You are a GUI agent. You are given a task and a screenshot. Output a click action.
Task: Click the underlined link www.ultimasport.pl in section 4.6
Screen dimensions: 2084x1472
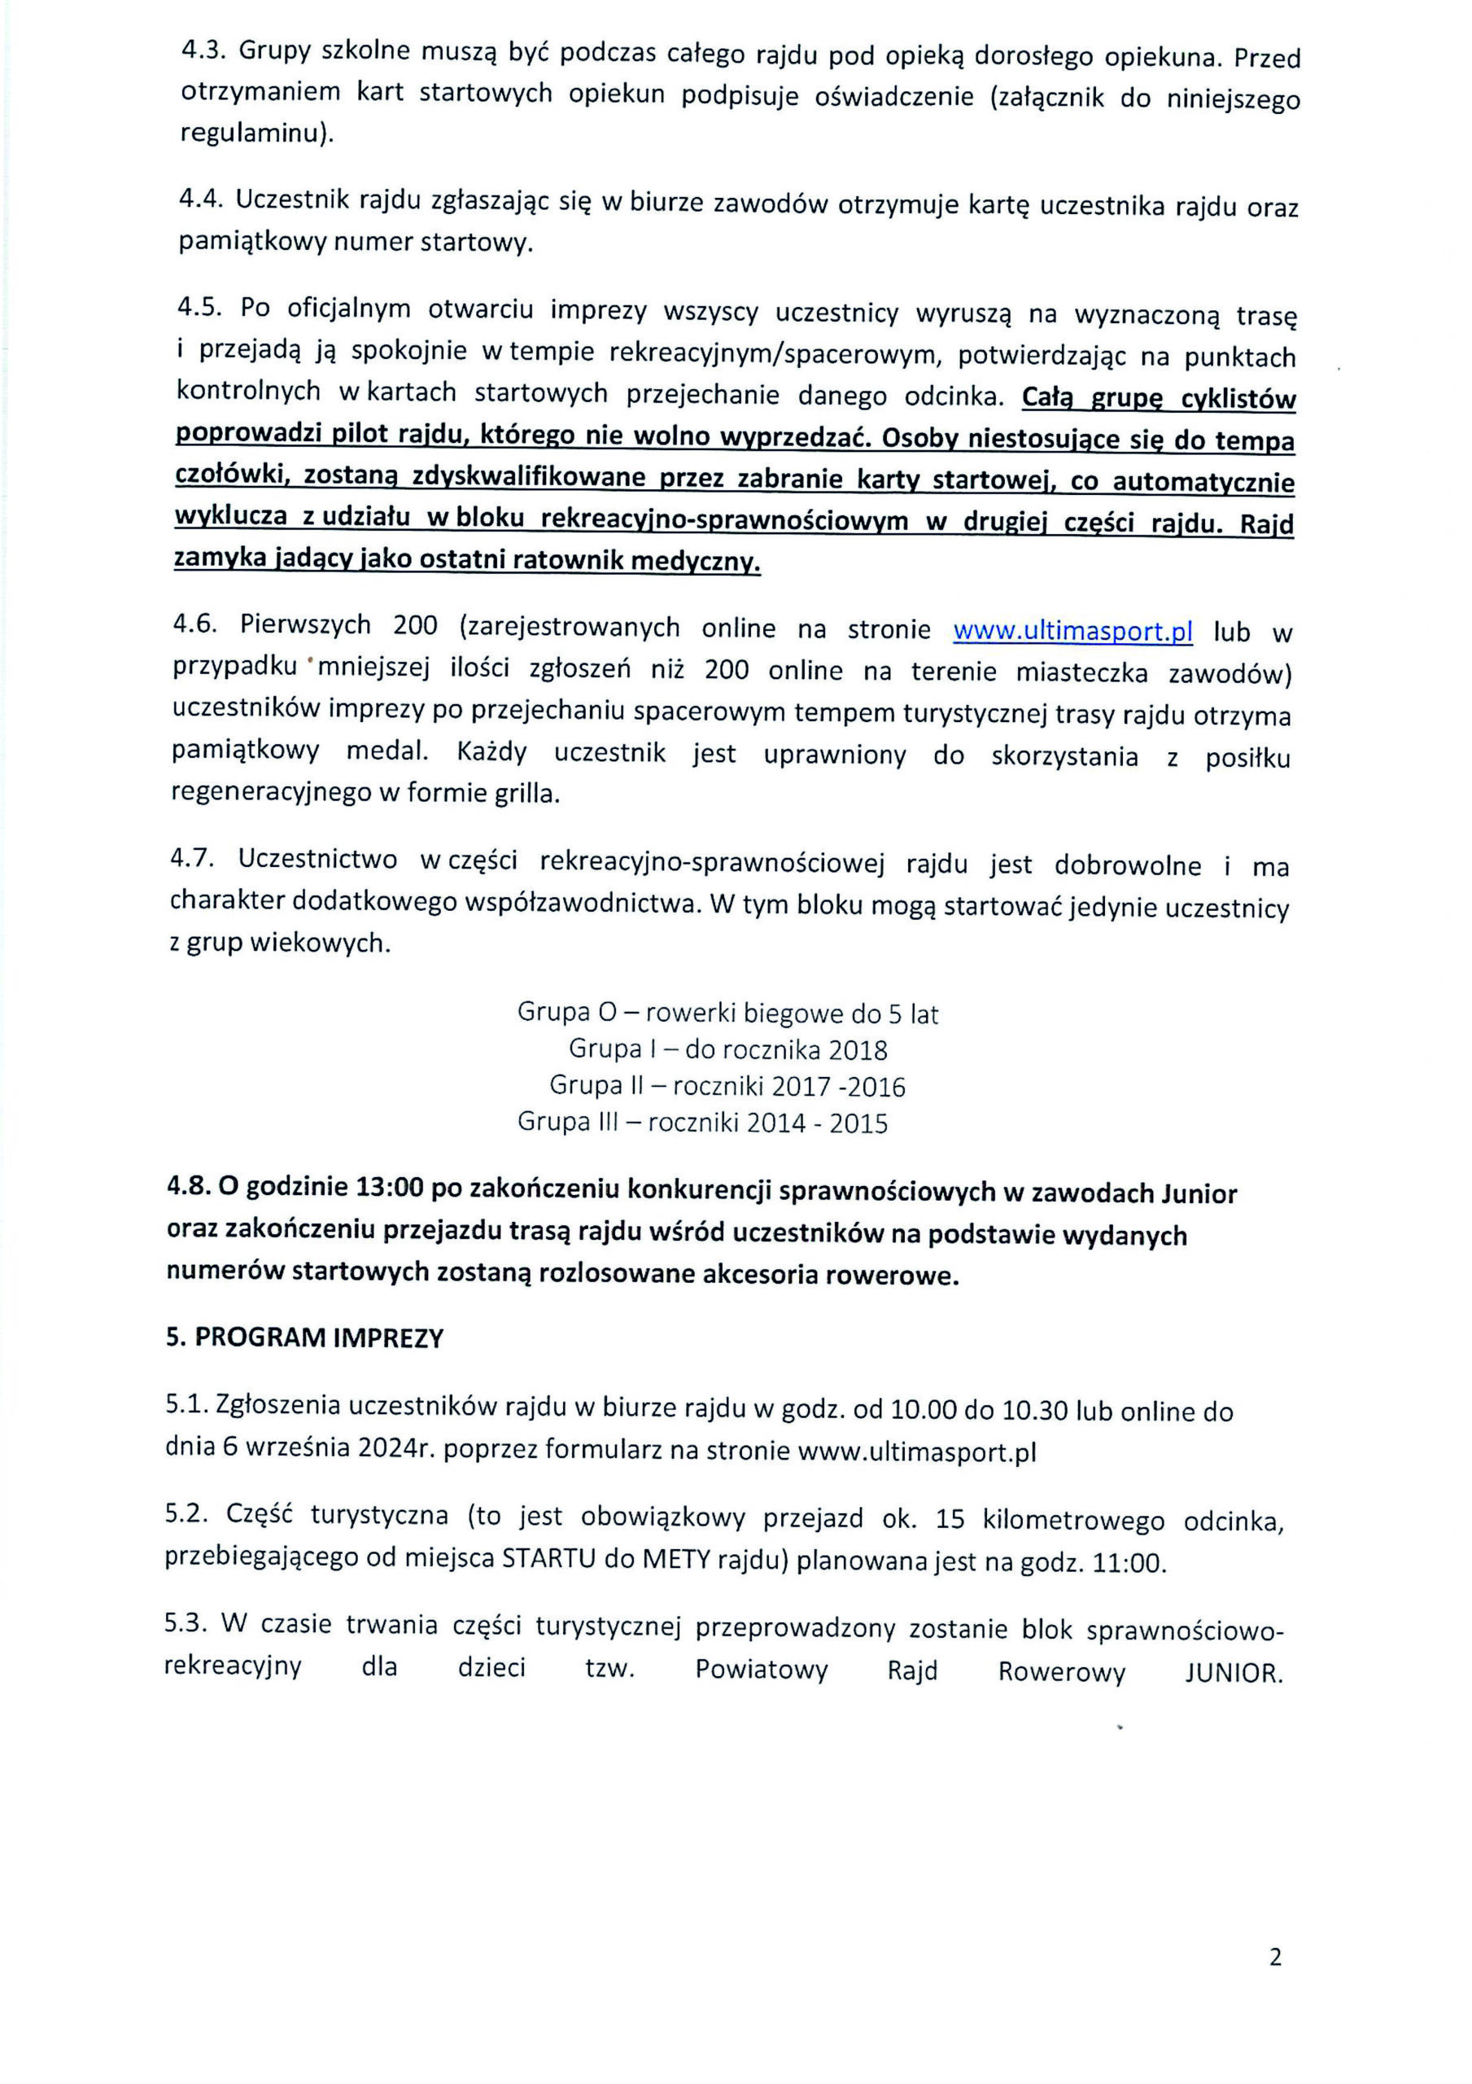pos(1072,630)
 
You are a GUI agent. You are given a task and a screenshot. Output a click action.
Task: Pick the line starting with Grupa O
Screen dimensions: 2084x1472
pos(727,1012)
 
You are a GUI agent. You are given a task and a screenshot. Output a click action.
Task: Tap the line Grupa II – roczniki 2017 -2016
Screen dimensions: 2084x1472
pos(727,1087)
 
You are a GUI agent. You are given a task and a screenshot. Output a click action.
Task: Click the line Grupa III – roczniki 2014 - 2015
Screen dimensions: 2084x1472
pos(702,1123)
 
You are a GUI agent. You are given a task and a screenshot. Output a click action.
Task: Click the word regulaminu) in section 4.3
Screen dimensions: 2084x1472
pos(257,134)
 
